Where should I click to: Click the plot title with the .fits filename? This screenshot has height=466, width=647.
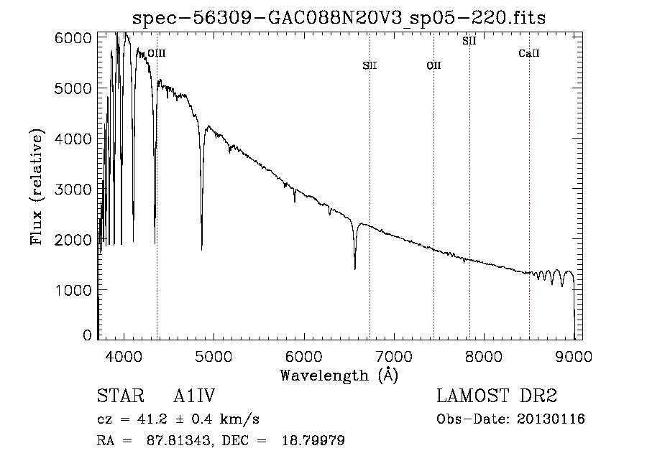339,18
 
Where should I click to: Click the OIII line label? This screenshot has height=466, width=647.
157,53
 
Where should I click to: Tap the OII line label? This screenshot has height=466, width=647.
433,65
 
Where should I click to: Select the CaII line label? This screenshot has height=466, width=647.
529,53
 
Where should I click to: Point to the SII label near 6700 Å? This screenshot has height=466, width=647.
370,65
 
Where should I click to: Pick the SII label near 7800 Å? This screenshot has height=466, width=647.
469,41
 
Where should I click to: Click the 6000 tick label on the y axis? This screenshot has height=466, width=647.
73,38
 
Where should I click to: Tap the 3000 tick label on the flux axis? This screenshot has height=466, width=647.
73,190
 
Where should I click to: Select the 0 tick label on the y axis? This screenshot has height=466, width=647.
87,335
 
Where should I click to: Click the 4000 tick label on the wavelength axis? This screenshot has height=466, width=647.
124,356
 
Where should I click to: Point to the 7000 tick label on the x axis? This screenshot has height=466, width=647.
394,356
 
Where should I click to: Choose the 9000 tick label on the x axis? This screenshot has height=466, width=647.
574,356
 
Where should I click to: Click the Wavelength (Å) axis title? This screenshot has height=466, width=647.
339,376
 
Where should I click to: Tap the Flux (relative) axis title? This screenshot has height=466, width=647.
37,187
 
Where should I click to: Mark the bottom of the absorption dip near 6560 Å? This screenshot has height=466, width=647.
355,269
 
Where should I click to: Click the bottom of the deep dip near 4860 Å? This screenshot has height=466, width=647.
201,249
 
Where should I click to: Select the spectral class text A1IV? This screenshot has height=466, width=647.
194,396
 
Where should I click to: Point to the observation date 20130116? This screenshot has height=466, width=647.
551,419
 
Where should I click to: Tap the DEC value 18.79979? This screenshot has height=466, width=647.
313,440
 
